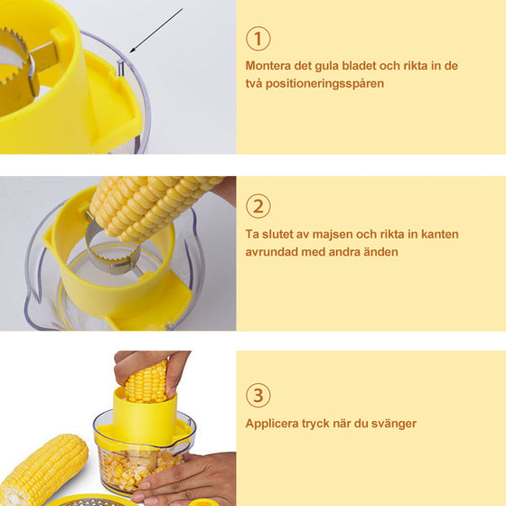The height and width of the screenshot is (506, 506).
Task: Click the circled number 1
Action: pos(258,38)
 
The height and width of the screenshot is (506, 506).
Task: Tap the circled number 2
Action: pos(258,206)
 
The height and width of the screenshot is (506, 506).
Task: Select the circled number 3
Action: pos(258,396)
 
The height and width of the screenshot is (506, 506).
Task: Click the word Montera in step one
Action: pos(270,65)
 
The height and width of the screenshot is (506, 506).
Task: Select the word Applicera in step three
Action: pos(275,423)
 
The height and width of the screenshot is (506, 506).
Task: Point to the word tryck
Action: pos(323,423)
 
